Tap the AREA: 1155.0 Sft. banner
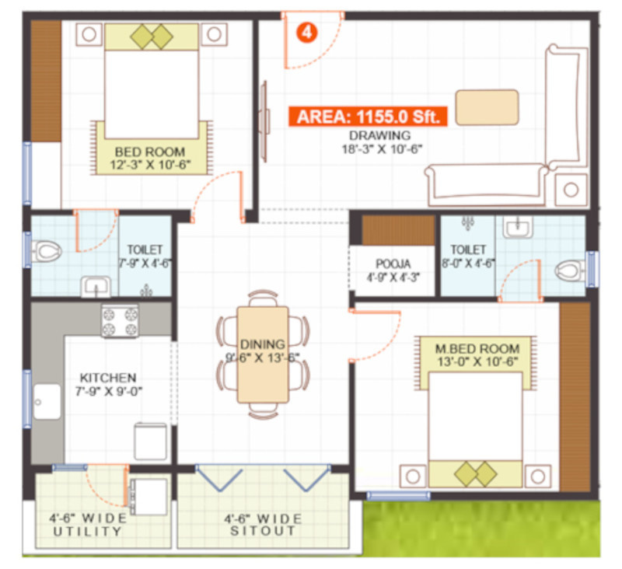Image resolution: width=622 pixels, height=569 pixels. [x=369, y=117]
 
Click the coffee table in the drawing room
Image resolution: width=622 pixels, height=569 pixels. [x=487, y=107]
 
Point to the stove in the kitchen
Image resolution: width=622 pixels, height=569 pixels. [x=120, y=320]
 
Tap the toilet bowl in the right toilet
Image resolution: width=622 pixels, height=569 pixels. [x=569, y=271]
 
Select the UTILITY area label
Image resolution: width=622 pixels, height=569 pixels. [x=88, y=532]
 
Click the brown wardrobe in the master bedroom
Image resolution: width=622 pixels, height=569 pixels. [x=575, y=396]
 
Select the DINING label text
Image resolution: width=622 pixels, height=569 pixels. [x=262, y=344]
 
